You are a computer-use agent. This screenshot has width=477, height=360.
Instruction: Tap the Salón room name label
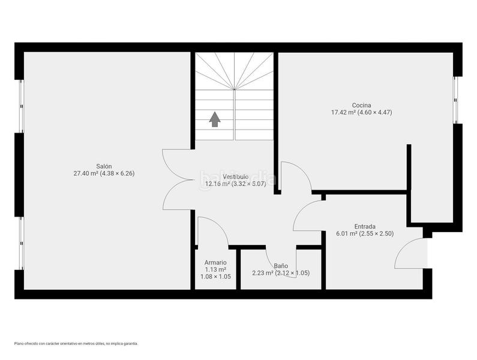coord(104,166)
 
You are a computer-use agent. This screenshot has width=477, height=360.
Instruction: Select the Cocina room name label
coord(361,105)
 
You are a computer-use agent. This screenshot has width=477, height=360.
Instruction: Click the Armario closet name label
coord(215,263)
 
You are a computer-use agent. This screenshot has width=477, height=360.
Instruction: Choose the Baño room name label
coord(281,265)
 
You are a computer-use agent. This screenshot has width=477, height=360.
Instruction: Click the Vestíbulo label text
coord(235,176)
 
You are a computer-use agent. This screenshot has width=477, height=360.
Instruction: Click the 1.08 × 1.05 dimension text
coord(215,277)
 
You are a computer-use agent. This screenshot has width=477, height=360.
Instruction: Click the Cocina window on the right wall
coord(457,99)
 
